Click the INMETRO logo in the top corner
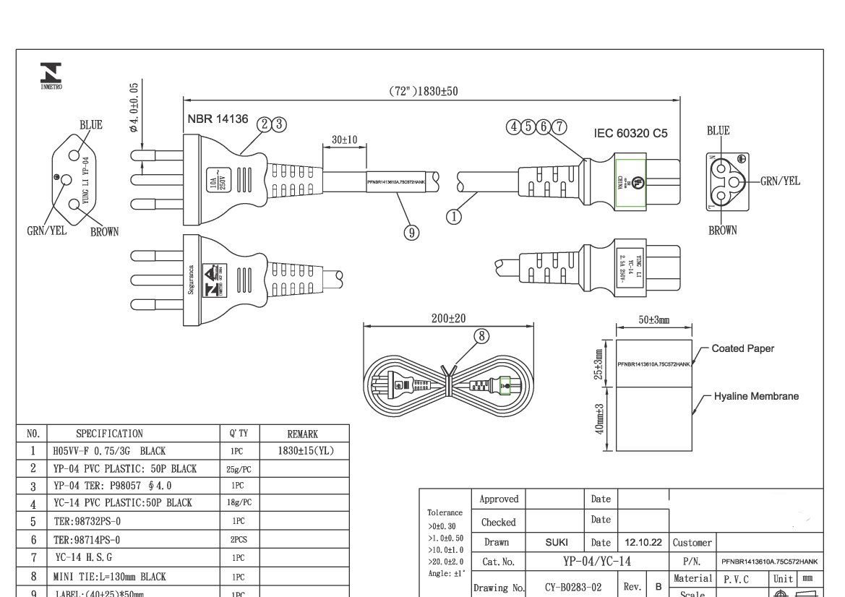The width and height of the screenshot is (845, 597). point(51,74)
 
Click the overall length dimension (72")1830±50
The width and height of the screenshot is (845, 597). point(424,91)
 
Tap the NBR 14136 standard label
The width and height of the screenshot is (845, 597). point(218,119)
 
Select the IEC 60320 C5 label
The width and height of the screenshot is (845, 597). point(630,133)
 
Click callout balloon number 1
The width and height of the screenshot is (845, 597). point(454,215)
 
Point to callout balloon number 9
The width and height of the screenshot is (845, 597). point(411,232)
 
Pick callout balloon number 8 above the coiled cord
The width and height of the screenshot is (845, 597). point(482,335)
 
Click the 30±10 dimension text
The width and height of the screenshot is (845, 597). point(344,139)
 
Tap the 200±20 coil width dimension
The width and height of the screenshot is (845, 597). point(448,318)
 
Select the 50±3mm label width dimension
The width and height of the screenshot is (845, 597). point(653,319)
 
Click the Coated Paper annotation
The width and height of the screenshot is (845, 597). point(742,348)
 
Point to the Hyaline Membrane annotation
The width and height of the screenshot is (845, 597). point(756,396)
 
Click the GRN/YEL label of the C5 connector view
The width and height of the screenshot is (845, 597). point(780,181)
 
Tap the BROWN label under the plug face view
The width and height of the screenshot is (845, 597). point(104,232)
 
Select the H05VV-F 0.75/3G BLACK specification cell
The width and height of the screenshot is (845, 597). point(109,451)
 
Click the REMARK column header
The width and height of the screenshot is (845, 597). point(302,434)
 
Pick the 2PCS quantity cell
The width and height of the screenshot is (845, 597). point(238,540)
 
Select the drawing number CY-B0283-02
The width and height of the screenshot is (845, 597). point(573,588)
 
